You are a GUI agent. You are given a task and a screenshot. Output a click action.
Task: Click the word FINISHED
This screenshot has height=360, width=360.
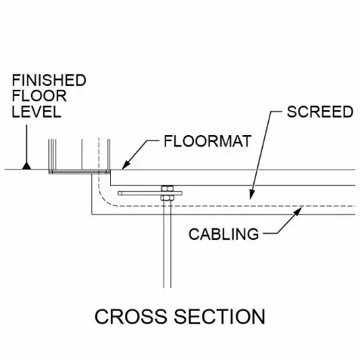point(49,81)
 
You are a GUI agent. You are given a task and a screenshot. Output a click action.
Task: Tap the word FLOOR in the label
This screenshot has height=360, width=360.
point(39,96)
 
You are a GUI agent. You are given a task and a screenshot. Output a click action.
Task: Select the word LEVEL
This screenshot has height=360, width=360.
point(36,112)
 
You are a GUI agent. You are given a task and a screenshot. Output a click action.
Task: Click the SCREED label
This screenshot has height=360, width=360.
point(320,112)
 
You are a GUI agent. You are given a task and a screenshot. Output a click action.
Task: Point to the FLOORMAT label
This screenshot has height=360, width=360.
point(208,141)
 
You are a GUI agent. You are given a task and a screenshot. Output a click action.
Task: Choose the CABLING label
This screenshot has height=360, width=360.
point(223,234)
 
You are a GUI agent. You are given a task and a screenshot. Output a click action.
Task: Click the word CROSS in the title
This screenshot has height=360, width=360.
point(131,316)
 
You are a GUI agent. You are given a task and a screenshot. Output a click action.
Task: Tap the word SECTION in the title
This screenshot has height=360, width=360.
point(220,316)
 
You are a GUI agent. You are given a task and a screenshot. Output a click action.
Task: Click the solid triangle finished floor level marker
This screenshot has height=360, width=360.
point(26,166)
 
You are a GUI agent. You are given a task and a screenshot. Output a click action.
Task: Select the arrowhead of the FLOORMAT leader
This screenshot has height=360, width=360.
point(126,165)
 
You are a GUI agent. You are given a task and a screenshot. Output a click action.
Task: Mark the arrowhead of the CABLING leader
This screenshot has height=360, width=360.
point(298,211)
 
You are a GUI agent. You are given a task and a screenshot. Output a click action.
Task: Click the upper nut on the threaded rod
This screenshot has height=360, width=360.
point(167,189)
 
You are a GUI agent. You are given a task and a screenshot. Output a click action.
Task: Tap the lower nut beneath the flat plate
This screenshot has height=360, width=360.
point(167,198)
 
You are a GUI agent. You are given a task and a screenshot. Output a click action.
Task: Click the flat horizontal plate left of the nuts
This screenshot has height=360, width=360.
point(140,193)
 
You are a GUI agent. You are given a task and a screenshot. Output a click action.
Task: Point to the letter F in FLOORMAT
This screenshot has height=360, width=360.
point(168,141)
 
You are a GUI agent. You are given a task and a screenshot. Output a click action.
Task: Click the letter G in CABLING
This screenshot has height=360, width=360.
point(253,234)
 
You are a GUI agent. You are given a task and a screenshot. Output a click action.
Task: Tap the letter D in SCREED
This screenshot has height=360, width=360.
point(347,112)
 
